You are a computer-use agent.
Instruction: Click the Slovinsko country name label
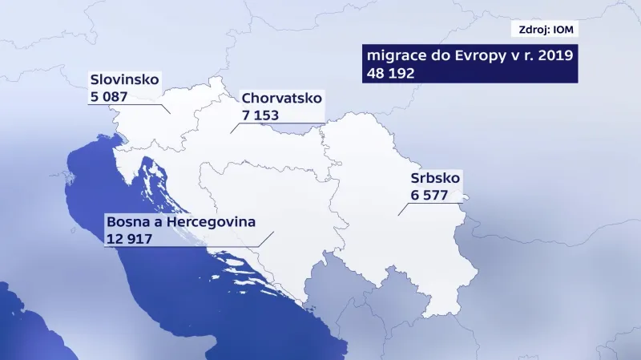126,80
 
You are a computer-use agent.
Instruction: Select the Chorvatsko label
281,99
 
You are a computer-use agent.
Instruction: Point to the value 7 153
261,115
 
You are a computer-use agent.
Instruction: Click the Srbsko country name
435,180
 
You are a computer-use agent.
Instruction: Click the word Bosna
126,221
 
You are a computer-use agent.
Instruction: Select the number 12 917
129,238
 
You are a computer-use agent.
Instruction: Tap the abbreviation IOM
564,30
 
